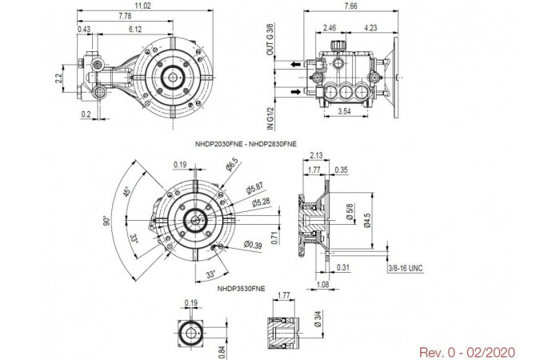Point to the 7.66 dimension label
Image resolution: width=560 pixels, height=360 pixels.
(x=350, y=6)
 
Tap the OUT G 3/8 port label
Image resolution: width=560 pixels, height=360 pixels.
(x=270, y=39)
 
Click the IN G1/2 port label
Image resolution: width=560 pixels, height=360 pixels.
(x=270, y=118)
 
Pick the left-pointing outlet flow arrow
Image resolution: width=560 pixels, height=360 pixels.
(x=295, y=65)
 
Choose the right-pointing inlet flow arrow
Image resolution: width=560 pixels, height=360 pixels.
(x=296, y=92)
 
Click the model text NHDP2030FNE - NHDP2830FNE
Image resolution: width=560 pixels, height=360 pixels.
(x=246, y=144)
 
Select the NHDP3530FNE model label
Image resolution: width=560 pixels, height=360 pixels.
(x=241, y=289)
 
